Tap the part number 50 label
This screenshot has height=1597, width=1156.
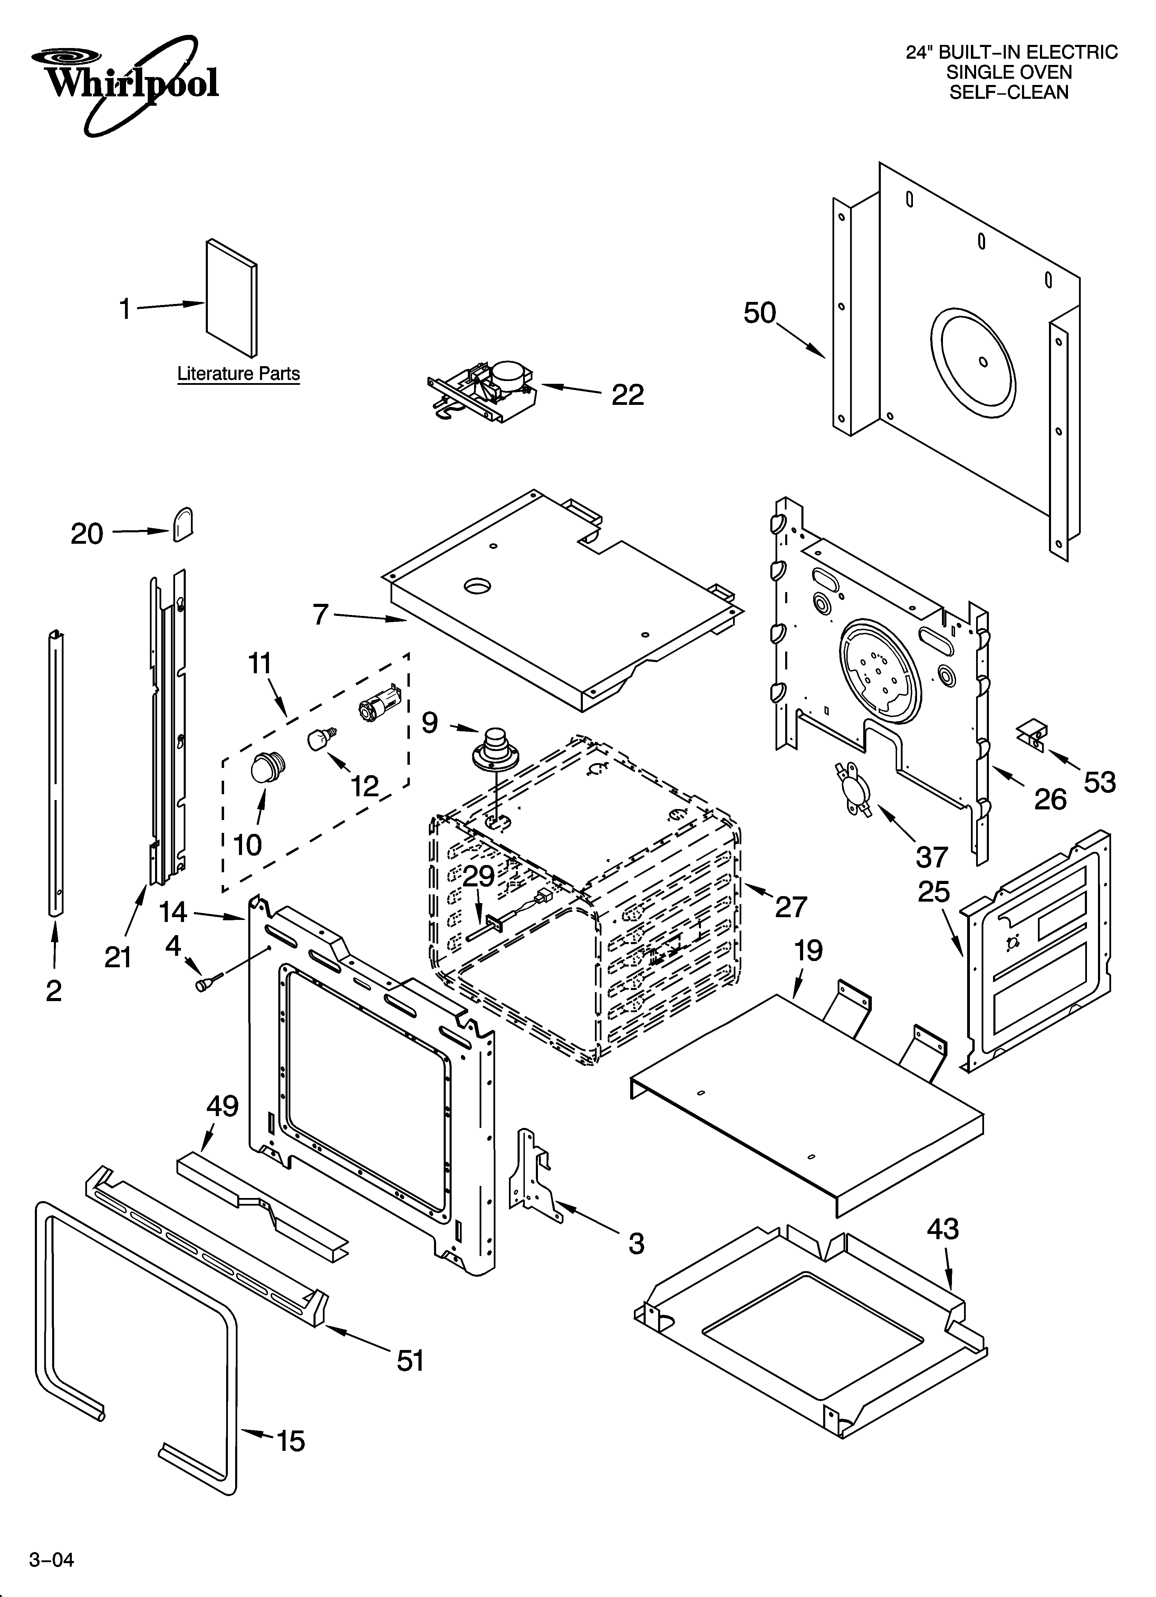(x=760, y=313)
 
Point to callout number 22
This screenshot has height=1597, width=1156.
(x=627, y=395)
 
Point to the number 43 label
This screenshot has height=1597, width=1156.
(x=942, y=1229)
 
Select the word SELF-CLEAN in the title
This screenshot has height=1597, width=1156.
(x=1009, y=92)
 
